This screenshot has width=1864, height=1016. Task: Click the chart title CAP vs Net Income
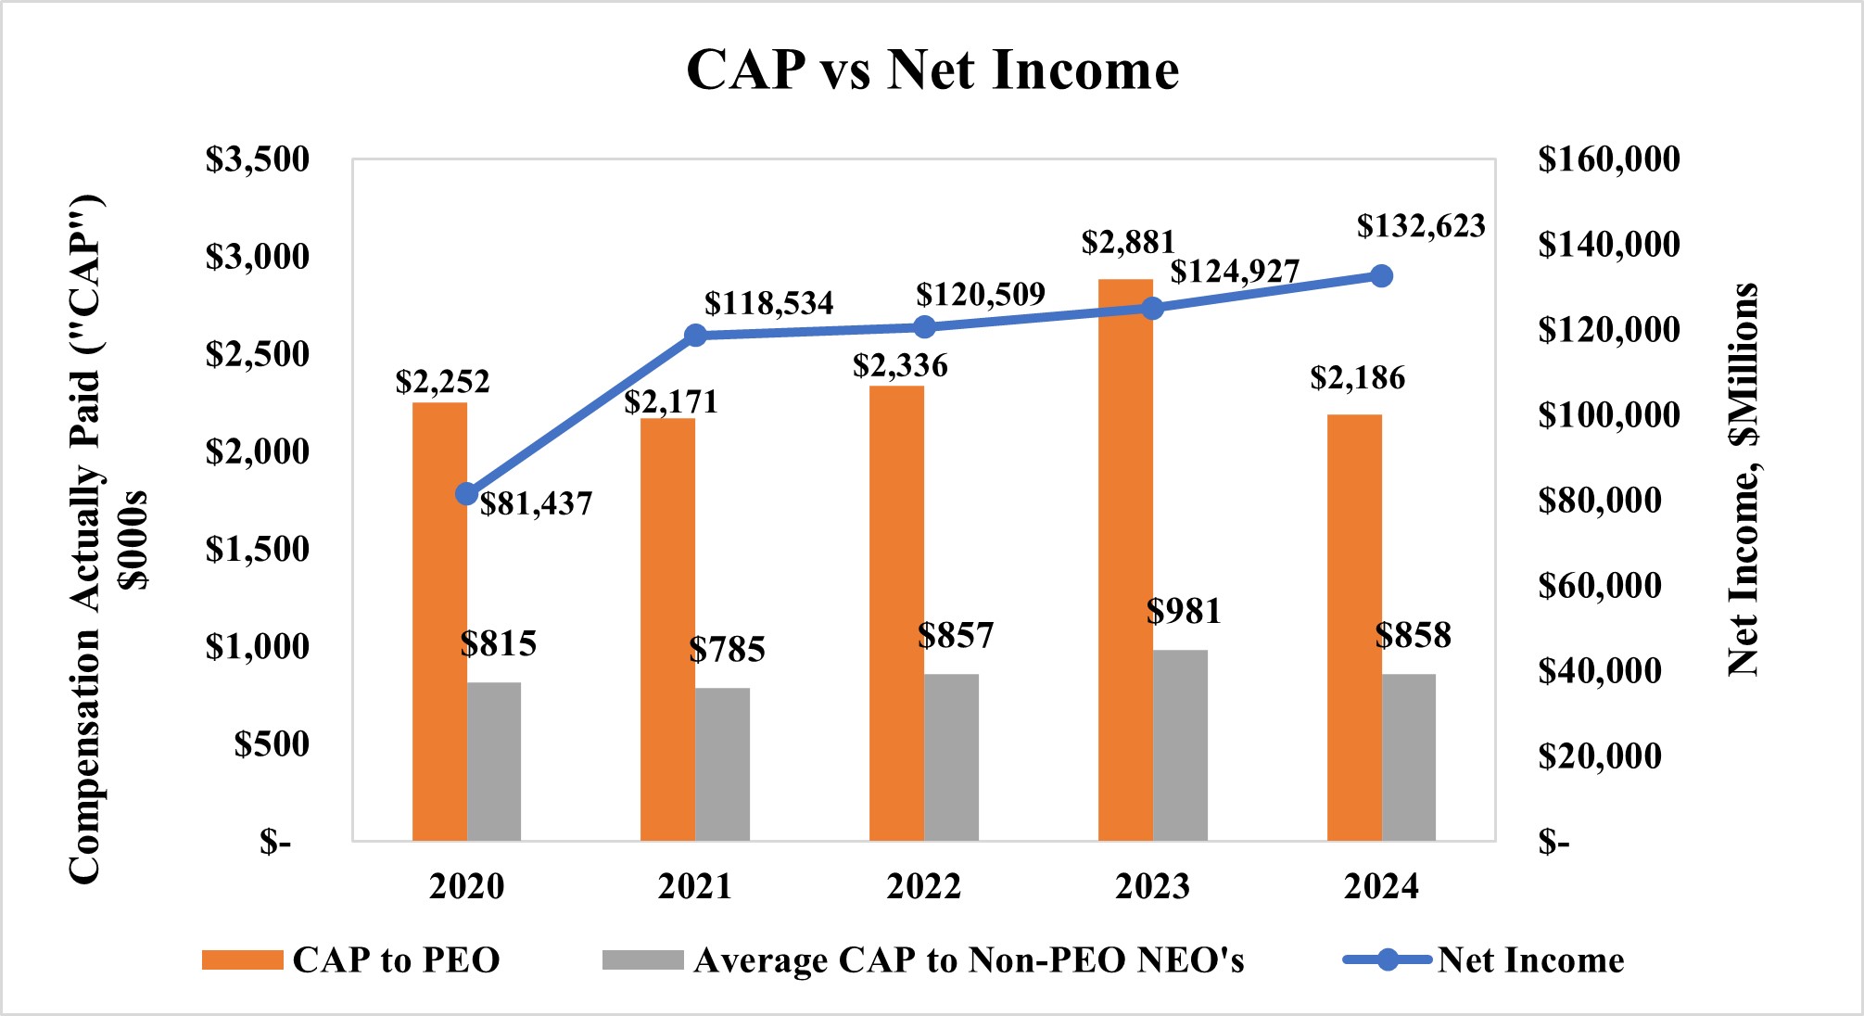pyautogui.click(x=932, y=70)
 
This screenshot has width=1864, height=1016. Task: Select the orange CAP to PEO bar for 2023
pyautogui.click(x=1125, y=560)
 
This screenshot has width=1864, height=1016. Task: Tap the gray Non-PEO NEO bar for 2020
pyautogui.click(x=494, y=761)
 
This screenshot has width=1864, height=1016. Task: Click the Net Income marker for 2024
pyautogui.click(x=1381, y=276)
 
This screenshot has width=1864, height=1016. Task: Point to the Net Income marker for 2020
pyautogui.click(x=467, y=494)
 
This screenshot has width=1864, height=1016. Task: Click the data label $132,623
pyautogui.click(x=1420, y=226)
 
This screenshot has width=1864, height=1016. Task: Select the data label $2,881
pyautogui.click(x=1127, y=243)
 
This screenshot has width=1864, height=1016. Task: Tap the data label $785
pyautogui.click(x=727, y=650)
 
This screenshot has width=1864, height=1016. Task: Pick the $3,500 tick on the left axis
pyautogui.click(x=257, y=159)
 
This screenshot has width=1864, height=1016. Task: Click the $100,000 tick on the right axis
pyautogui.click(x=1608, y=414)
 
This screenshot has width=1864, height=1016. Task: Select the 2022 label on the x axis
pyautogui.click(x=923, y=886)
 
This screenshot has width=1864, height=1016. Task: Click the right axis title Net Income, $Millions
pyautogui.click(x=1744, y=478)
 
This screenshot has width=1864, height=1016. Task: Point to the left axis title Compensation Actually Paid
pyautogui.click(x=85, y=538)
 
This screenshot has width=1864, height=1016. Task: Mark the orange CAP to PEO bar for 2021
pyautogui.click(x=667, y=630)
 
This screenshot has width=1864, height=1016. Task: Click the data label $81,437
pyautogui.click(x=536, y=504)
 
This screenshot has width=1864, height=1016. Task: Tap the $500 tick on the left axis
pyautogui.click(x=271, y=744)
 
